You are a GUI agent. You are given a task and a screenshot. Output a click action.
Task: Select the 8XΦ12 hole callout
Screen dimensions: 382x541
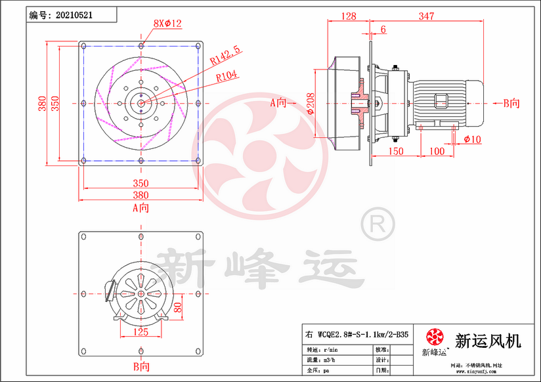167,24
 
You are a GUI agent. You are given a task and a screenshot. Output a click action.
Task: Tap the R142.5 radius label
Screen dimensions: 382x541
225,57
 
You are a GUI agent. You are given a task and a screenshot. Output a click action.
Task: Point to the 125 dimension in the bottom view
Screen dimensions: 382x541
141,331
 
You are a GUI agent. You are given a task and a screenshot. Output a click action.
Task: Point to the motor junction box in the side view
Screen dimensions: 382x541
440,100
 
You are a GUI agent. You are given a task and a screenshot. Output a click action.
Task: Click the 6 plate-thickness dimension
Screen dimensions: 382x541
383,30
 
